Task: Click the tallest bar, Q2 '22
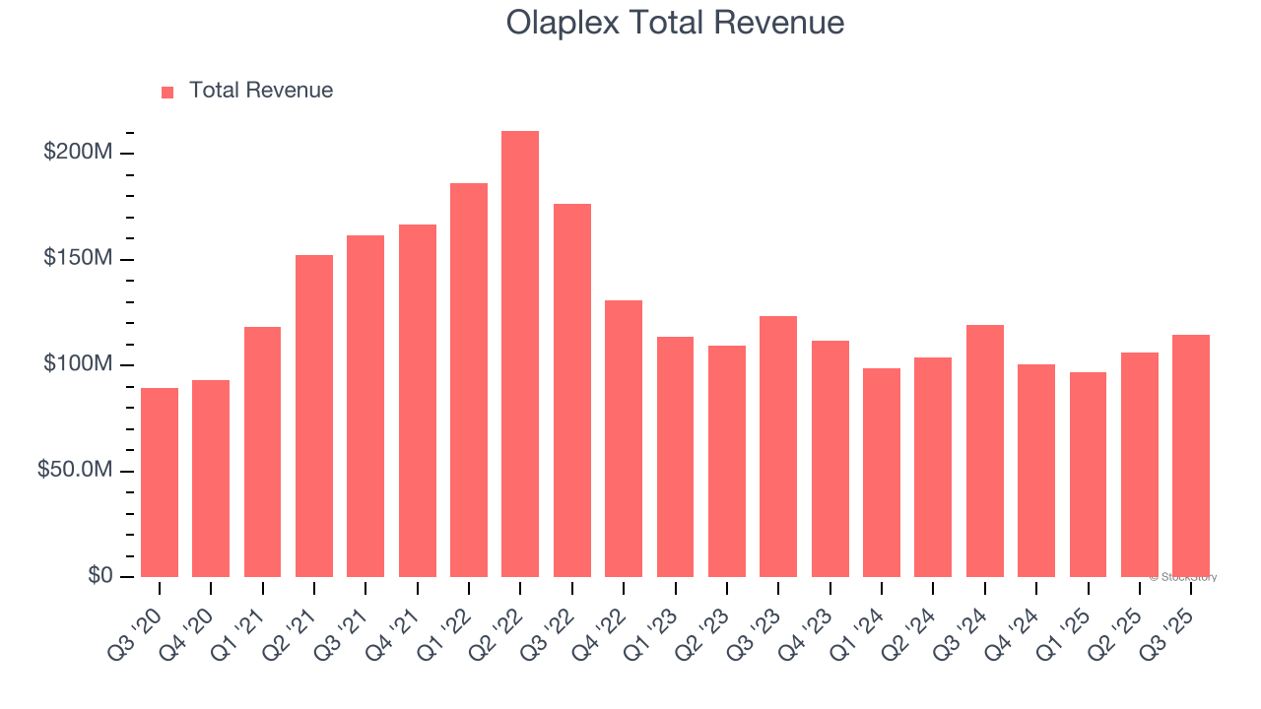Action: click(x=520, y=354)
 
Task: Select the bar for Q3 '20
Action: click(x=160, y=483)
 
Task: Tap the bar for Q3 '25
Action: click(x=1191, y=456)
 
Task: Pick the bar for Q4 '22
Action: click(x=624, y=438)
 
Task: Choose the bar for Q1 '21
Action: click(x=262, y=452)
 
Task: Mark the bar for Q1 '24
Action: click(x=882, y=473)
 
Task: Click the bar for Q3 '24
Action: click(x=985, y=451)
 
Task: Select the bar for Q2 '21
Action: click(x=314, y=416)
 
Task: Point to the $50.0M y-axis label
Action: click(x=75, y=471)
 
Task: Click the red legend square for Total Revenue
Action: click(x=167, y=93)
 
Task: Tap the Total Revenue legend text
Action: click(x=261, y=91)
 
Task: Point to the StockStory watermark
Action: click(x=1185, y=577)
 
